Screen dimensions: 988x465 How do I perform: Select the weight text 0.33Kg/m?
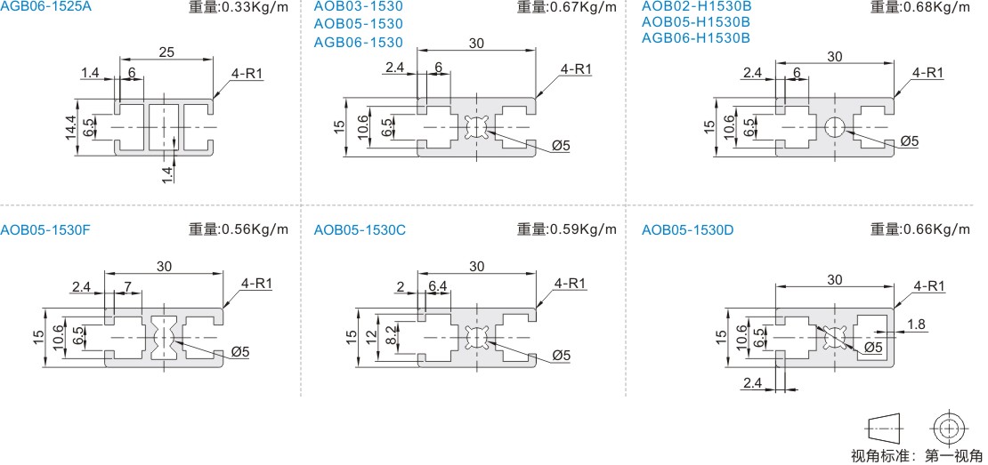255,7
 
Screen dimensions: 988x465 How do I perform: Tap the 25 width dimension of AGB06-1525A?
166,52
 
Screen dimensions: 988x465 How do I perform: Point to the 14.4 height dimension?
70,126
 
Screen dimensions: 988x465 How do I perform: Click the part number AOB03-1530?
358,7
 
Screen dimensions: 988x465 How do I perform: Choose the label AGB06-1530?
358,43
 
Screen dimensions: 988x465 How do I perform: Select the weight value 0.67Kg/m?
584,7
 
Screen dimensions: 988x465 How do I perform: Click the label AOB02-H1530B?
696,7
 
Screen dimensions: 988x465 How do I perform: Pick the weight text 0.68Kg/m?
936,7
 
